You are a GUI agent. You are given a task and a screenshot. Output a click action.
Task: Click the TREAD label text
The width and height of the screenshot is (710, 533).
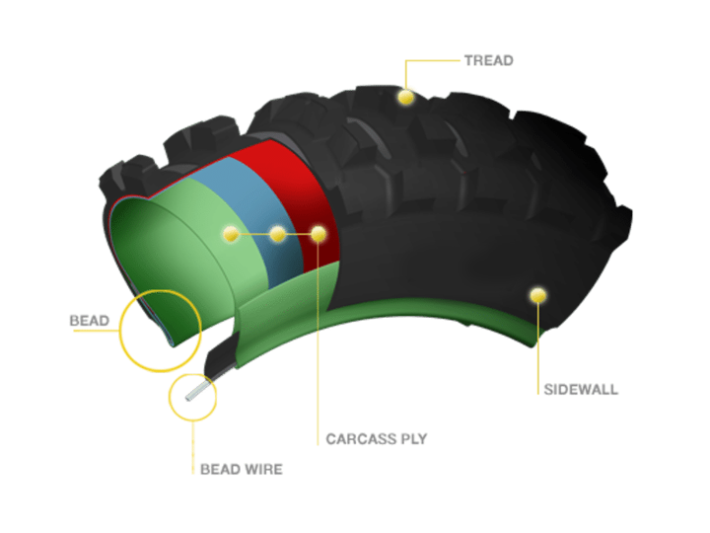point(488,60)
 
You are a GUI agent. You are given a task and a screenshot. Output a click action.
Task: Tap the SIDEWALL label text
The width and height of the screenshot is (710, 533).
point(581,389)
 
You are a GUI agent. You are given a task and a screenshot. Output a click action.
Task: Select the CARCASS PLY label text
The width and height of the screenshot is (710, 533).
point(376,438)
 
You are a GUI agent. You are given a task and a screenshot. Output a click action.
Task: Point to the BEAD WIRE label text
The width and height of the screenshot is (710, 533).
point(241,469)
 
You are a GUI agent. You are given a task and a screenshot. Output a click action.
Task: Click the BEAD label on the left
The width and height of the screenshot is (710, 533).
point(89,322)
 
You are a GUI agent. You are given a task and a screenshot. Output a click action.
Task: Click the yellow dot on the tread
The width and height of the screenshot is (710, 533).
point(404,97)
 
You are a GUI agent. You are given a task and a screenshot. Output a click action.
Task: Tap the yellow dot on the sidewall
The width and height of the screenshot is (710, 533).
point(537,294)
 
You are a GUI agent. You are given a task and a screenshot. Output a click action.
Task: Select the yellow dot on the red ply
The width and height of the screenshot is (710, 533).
point(319,234)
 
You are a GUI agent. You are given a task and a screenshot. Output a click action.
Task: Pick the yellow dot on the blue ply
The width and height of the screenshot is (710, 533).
point(278,234)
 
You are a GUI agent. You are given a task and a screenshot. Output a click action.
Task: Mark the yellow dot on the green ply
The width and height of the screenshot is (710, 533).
point(231,234)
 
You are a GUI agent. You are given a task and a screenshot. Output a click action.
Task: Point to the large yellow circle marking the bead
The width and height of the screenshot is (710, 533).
point(159,329)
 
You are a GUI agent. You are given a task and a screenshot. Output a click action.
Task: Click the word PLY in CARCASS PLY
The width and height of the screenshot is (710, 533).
point(412,438)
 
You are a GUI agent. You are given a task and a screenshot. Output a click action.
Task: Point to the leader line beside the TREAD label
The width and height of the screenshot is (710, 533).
point(434,60)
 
